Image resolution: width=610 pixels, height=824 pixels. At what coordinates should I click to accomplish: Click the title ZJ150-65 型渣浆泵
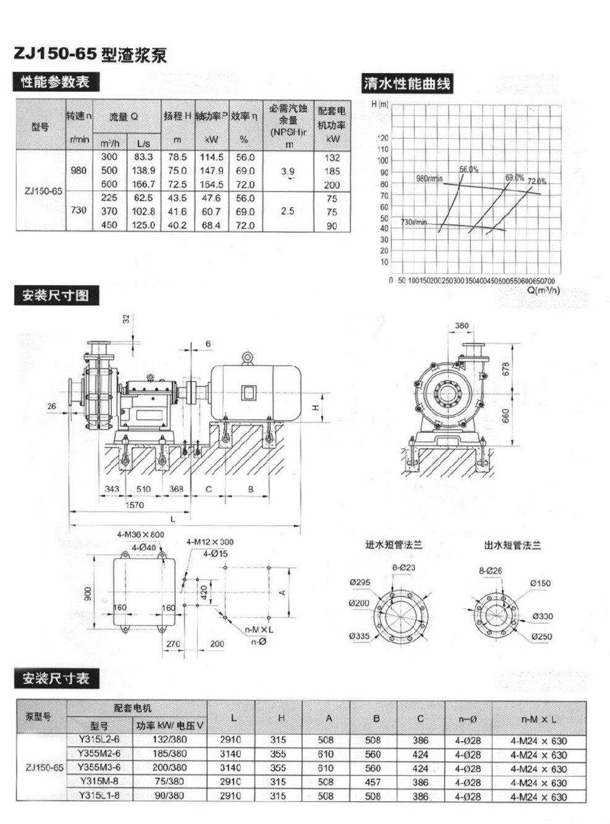click(90, 55)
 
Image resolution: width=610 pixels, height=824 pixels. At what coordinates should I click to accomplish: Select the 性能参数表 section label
click(55, 82)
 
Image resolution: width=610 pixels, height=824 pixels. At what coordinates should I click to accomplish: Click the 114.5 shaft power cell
click(211, 157)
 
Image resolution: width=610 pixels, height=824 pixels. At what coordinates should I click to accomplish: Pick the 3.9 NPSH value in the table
click(288, 171)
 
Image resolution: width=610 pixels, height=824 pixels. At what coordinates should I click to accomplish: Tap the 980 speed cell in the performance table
click(78, 170)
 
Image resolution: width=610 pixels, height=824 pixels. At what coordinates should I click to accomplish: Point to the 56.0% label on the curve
click(468, 169)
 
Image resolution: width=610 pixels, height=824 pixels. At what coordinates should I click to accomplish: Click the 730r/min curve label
click(413, 222)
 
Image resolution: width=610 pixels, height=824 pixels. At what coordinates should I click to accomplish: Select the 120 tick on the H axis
click(384, 138)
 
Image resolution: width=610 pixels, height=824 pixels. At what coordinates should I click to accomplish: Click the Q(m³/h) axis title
click(543, 289)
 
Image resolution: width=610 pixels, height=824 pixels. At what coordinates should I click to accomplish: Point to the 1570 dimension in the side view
click(135, 505)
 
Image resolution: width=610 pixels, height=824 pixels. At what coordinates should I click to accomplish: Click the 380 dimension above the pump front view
click(462, 326)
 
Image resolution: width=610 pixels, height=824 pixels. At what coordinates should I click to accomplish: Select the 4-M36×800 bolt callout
click(140, 535)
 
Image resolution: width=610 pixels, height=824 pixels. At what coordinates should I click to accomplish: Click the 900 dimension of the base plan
click(88, 594)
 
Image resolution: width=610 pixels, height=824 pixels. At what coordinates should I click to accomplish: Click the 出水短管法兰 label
click(512, 545)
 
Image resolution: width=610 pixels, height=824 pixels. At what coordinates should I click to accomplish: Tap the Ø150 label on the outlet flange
click(540, 583)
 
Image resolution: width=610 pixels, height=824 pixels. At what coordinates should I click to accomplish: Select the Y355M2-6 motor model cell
click(99, 754)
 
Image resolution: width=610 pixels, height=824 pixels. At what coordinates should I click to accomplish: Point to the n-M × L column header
click(538, 719)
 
